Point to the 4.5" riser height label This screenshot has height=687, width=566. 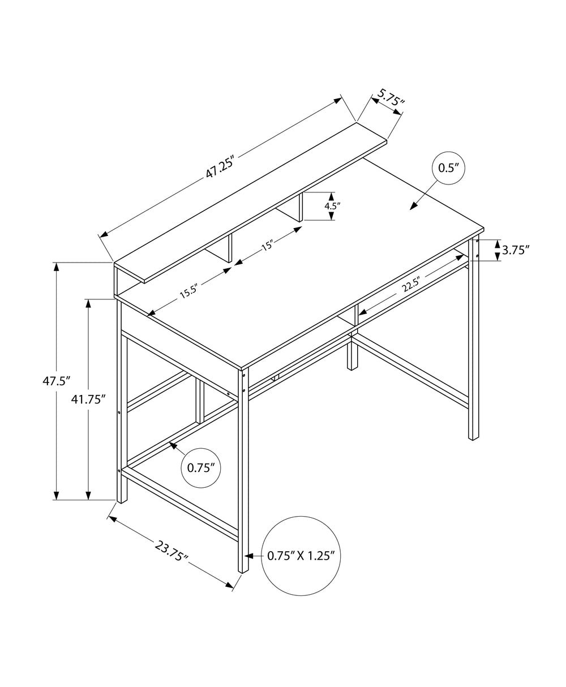tap(332, 206)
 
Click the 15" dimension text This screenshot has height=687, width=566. tap(267, 245)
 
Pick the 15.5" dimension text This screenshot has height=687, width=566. tap(188, 291)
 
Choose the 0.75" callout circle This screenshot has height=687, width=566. tap(200, 467)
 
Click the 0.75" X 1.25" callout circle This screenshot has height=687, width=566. tap(301, 555)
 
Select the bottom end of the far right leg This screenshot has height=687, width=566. tap(473, 437)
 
